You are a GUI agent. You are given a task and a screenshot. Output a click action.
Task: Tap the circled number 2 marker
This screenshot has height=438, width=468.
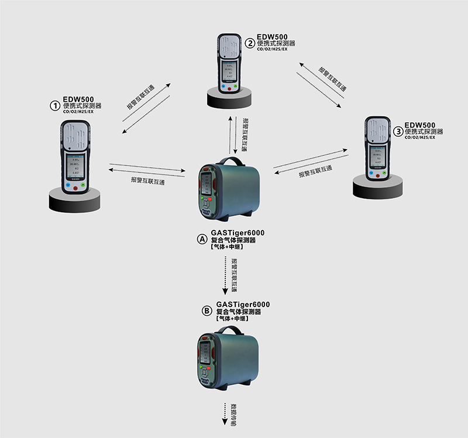coord(250,43)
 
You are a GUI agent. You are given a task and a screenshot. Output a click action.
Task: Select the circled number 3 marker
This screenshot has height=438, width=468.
coord(398,131)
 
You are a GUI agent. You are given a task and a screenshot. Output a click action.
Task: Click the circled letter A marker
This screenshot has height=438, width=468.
coord(201,240)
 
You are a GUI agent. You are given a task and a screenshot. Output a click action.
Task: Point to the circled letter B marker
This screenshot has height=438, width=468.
coord(206,312)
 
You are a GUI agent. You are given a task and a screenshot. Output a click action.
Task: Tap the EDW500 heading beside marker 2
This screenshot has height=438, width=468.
coord(273,36)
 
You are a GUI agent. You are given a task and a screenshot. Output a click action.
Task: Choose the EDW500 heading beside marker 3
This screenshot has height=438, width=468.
coord(420,125)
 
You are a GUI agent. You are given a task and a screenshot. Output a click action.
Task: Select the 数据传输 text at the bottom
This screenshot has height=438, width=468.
coord(233,412)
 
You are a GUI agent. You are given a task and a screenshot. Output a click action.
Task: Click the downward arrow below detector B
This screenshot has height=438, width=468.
coord(225,413)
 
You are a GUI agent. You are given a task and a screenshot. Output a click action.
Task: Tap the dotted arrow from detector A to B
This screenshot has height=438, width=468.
coord(225,275)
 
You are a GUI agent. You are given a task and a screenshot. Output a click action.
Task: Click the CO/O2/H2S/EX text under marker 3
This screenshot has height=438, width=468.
coord(419,137)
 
